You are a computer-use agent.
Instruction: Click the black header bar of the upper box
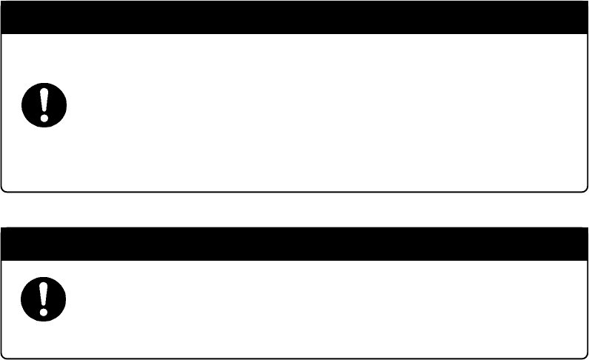[x=294, y=17]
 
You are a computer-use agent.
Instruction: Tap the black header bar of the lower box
[x=294, y=243]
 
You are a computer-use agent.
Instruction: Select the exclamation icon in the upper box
[x=44, y=104]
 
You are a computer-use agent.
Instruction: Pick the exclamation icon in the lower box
[x=44, y=298]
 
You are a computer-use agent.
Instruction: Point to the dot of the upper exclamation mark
[x=44, y=116]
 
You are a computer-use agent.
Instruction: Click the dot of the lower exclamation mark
[x=44, y=310]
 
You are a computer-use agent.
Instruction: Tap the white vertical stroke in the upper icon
[x=44, y=99]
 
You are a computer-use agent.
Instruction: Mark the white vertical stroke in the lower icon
[x=44, y=293]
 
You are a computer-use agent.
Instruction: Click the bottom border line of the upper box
[x=294, y=192]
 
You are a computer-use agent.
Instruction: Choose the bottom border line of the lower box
[x=294, y=359]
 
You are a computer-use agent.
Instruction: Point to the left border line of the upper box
[x=1, y=111]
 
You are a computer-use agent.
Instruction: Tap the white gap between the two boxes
[x=294, y=210]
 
